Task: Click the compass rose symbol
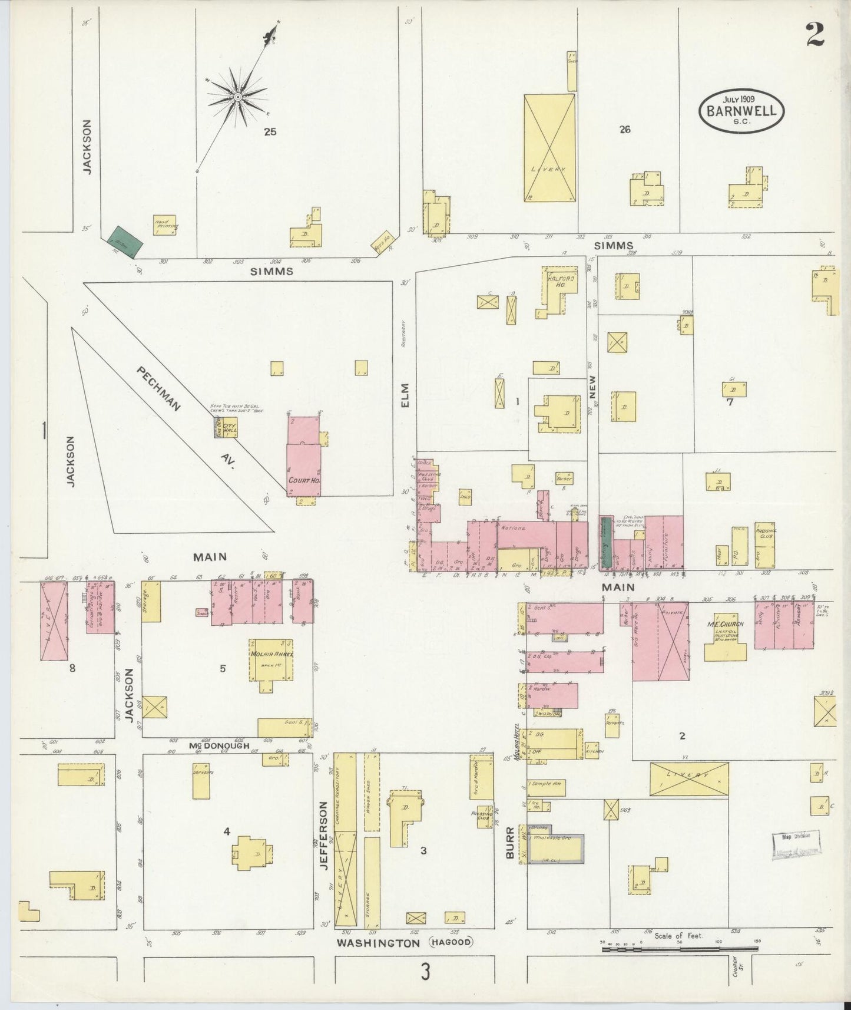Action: [x=237, y=97]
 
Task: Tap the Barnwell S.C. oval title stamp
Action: [x=741, y=110]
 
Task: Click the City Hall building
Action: [x=229, y=427]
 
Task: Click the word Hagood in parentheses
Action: [x=451, y=942]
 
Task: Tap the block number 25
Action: [x=270, y=132]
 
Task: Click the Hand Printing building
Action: [x=165, y=225]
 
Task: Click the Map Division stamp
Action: [x=796, y=846]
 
